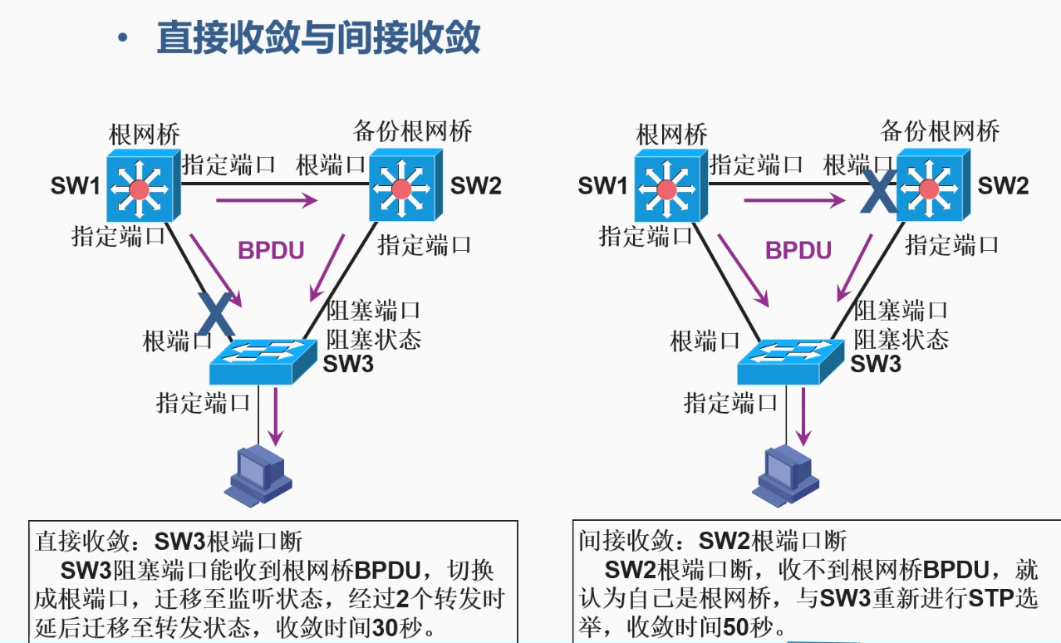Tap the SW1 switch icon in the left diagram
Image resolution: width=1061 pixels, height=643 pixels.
click(139, 184)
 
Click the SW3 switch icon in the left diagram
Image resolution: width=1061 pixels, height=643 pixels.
click(263, 360)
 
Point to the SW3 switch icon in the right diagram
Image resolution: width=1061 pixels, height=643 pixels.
click(791, 360)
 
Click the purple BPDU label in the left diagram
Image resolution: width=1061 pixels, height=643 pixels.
click(271, 250)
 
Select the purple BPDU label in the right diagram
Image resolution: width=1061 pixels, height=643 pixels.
click(798, 250)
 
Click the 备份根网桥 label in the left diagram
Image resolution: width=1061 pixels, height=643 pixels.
click(413, 131)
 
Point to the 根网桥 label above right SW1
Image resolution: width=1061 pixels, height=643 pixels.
click(671, 133)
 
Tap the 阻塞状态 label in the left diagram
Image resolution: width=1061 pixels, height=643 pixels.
click(374, 339)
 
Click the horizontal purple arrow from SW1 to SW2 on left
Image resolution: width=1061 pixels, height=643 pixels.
click(267, 199)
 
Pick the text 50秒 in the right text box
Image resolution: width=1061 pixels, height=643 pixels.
click(747, 626)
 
